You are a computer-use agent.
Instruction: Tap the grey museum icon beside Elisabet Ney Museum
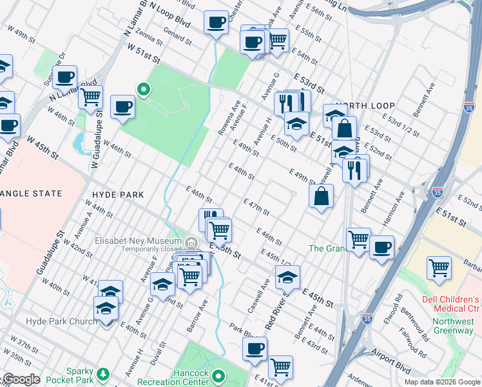(x=191, y=242)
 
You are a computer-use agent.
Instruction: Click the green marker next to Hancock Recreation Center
(x=219, y=375)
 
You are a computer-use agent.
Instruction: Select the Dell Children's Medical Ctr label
(x=451, y=304)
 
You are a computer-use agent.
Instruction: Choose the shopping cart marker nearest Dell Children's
(x=439, y=267)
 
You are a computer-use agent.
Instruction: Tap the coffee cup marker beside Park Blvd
(x=255, y=348)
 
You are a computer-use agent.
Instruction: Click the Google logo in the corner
(x=21, y=379)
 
